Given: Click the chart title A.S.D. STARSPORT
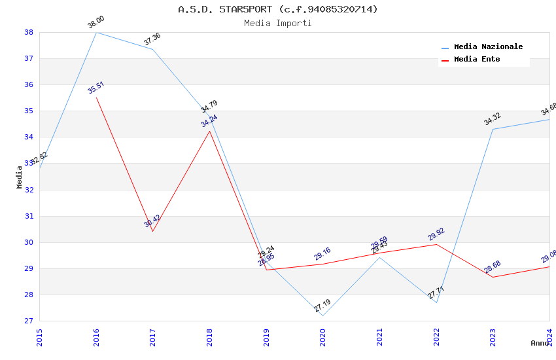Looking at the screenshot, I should (278, 9).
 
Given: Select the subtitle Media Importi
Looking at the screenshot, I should (278, 23).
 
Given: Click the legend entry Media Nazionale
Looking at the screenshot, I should (488, 47).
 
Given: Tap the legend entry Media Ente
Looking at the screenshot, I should (477, 60).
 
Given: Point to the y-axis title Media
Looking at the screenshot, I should (20, 177).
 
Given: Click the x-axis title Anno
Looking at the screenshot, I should (539, 343).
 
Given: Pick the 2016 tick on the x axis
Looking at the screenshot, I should (96, 336).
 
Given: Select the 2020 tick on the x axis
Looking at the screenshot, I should (323, 336).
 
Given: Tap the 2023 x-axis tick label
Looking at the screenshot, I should (493, 336).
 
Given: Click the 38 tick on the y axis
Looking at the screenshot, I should (29, 32).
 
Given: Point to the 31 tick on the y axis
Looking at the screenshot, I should (29, 216).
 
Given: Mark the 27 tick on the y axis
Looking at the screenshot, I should (29, 321).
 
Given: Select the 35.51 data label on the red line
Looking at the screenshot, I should (96, 88).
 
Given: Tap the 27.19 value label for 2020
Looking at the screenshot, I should (322, 306).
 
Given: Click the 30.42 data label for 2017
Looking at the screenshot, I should (152, 221).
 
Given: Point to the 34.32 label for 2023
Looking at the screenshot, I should (492, 118).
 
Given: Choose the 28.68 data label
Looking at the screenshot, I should (492, 267).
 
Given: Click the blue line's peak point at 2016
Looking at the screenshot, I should (96, 32).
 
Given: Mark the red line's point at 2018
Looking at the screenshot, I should (209, 131).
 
